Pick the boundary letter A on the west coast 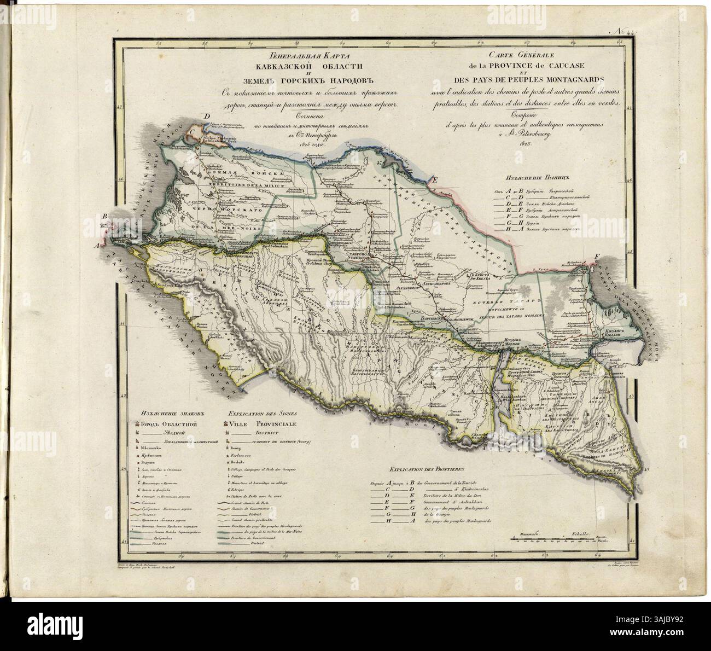pos(99,246)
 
